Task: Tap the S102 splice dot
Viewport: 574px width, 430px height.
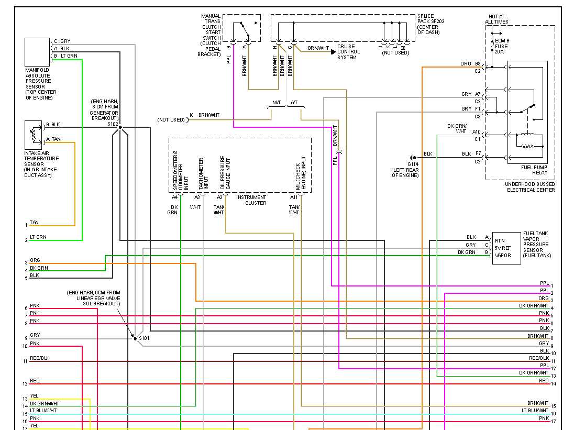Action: [120, 127]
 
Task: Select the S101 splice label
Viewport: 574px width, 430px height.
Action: [144, 338]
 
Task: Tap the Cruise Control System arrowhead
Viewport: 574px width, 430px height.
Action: [333, 51]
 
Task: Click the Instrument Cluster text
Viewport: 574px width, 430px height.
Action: [251, 200]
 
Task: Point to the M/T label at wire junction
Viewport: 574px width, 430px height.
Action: [277, 103]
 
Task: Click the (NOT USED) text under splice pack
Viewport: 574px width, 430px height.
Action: [395, 53]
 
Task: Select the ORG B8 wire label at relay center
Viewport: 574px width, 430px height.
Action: [471, 64]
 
